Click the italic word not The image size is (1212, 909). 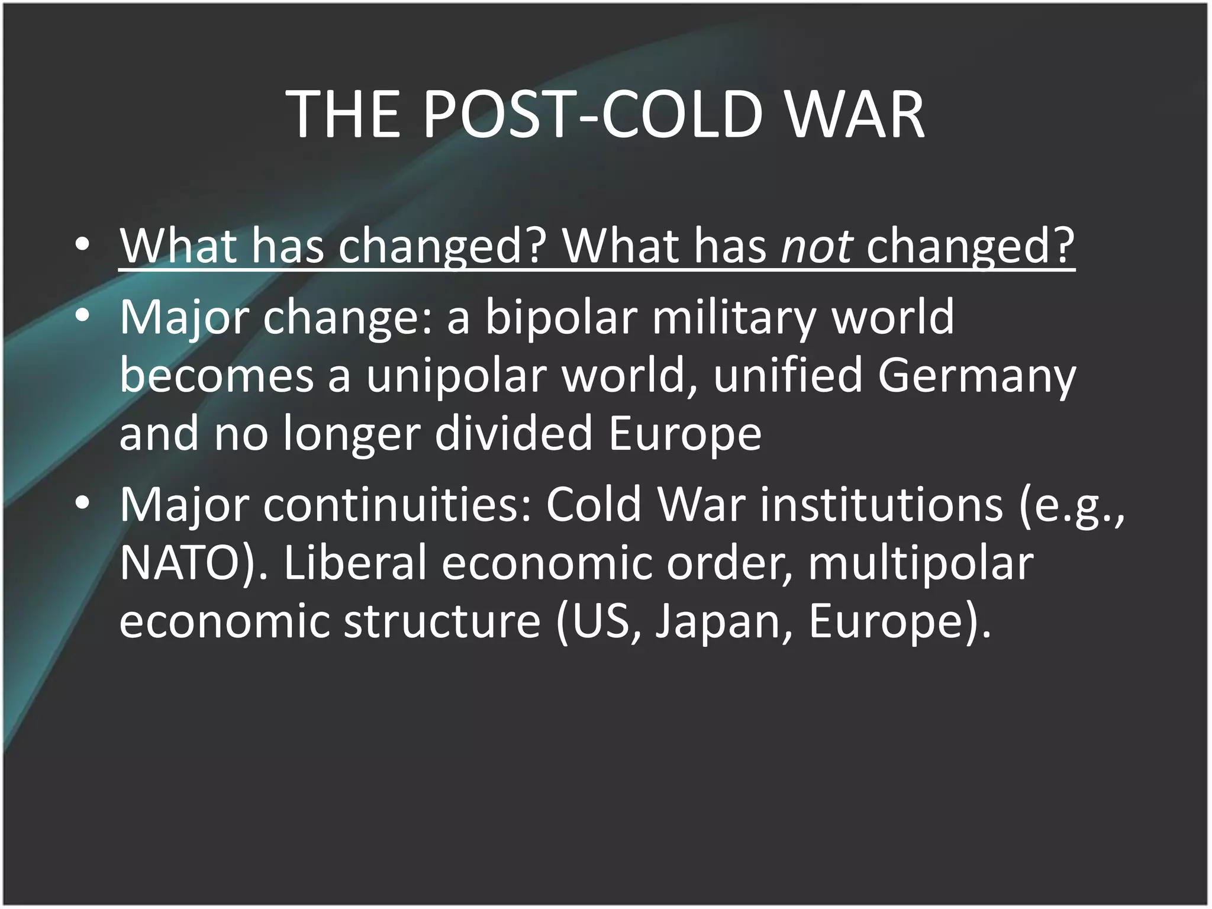[817, 246]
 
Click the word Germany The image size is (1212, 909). [976, 376]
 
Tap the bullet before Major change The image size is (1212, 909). [82, 317]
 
